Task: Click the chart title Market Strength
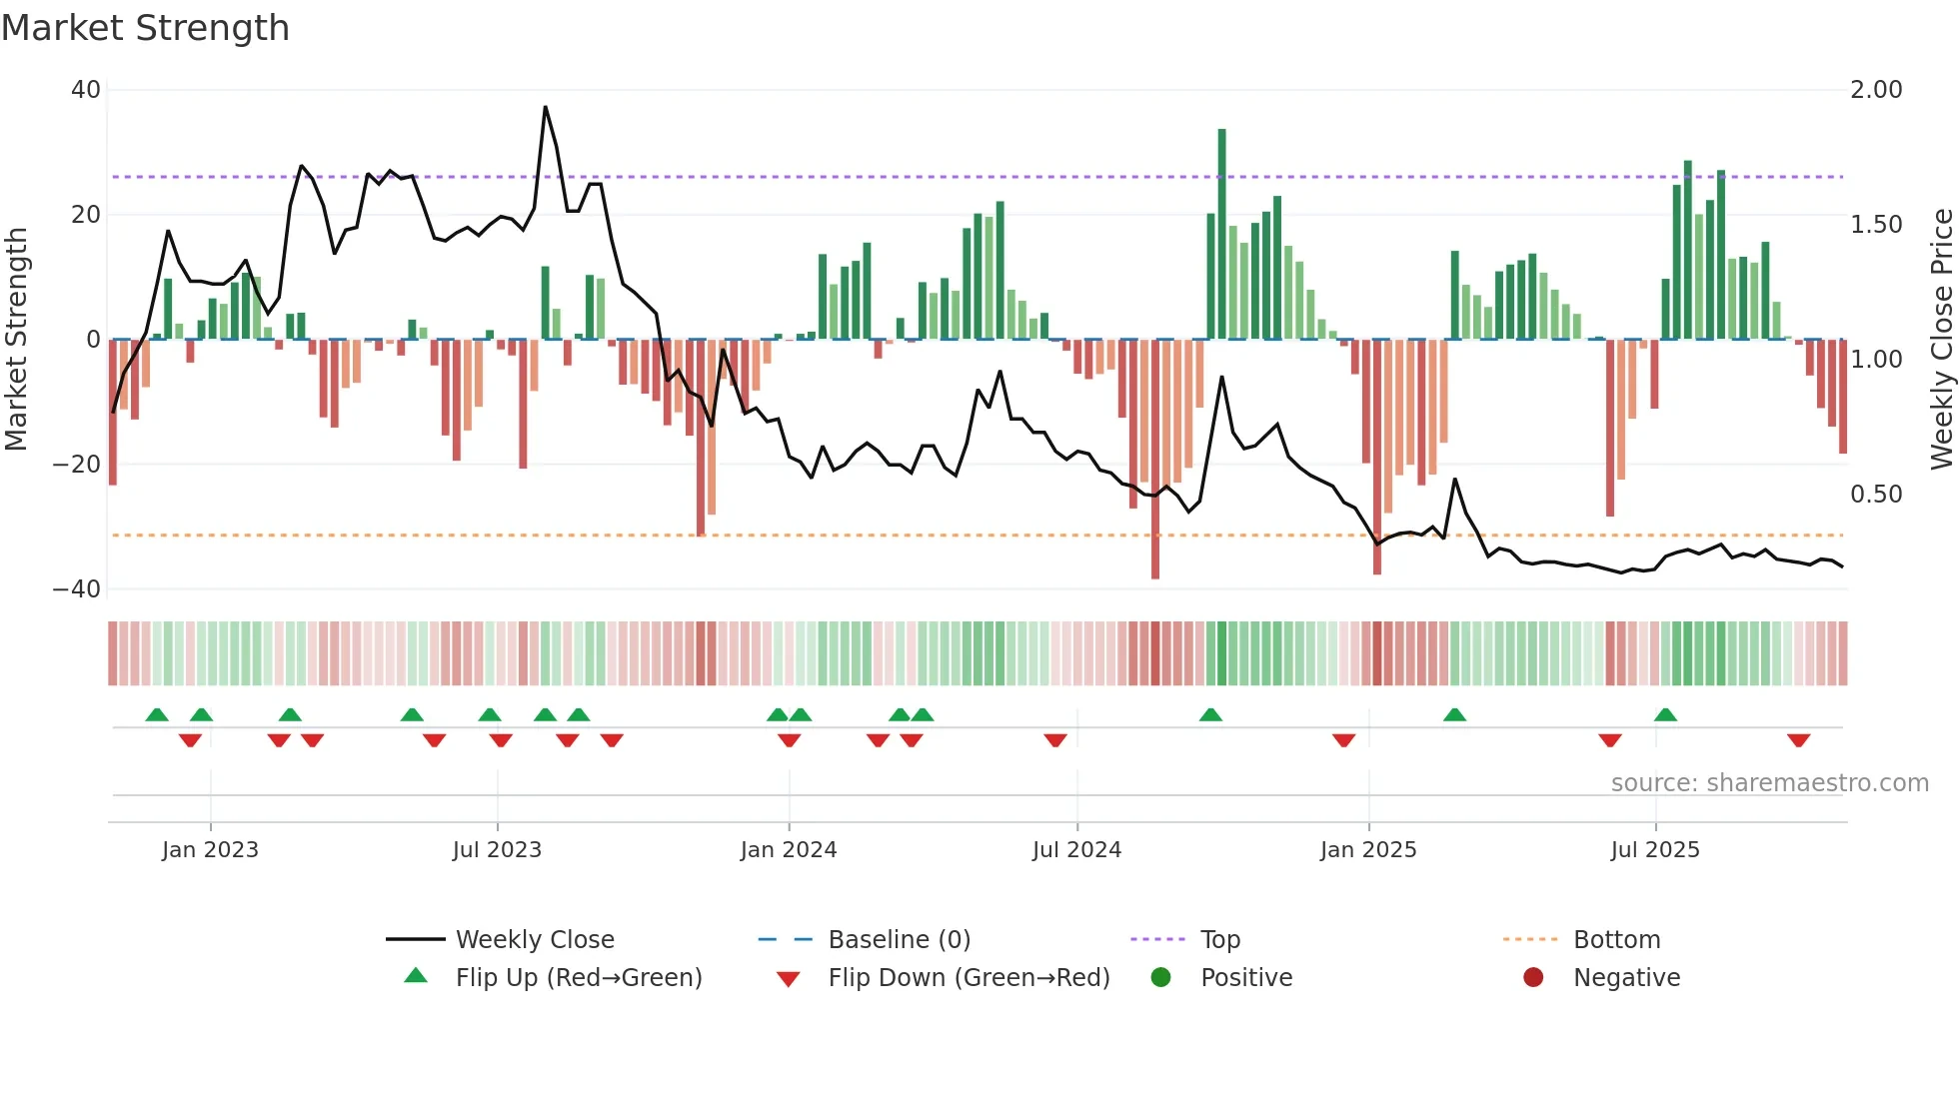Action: pos(145,28)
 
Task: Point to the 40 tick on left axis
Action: pos(85,90)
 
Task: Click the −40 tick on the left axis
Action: pos(77,589)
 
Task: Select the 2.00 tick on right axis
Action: pos(1876,90)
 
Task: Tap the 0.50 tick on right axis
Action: pos(1876,495)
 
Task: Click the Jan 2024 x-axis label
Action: pos(789,850)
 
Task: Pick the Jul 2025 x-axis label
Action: pos(1655,850)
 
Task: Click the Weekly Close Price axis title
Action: pos(1941,340)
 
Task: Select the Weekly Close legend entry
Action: pos(535,940)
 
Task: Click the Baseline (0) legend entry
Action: pos(899,940)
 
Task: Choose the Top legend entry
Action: pos(1219,940)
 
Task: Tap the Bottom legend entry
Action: pos(1616,940)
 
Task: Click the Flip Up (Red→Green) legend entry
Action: pos(579,978)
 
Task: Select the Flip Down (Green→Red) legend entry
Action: pos(969,978)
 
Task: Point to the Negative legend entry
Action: pos(1626,978)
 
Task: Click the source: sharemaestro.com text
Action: pos(1769,783)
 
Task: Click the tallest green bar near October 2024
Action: pos(1221,235)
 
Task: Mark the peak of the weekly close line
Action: pos(545,107)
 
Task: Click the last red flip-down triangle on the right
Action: pos(1798,740)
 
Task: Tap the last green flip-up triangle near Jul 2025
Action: pos(1665,714)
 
